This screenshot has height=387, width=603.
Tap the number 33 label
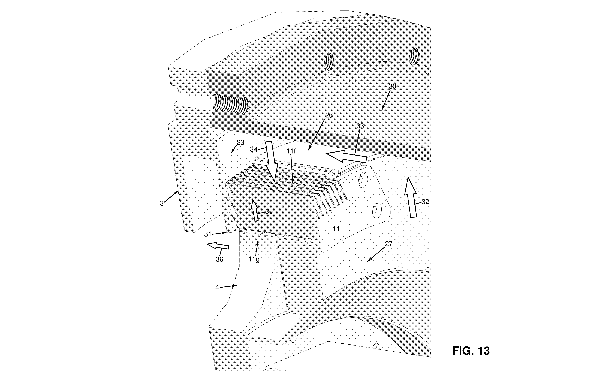pyautogui.click(x=360, y=126)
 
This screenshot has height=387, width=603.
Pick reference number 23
pyautogui.click(x=240, y=142)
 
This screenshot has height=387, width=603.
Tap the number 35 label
pyautogui.click(x=269, y=212)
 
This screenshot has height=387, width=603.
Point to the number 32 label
pyautogui.click(x=425, y=202)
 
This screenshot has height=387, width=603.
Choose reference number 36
pyautogui.click(x=219, y=259)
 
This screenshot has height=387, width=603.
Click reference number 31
pyautogui.click(x=208, y=234)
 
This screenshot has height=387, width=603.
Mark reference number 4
pyautogui.click(x=217, y=287)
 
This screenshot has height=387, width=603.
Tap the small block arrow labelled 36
pyautogui.click(x=217, y=246)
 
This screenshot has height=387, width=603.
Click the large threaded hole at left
pyautogui.click(x=230, y=103)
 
